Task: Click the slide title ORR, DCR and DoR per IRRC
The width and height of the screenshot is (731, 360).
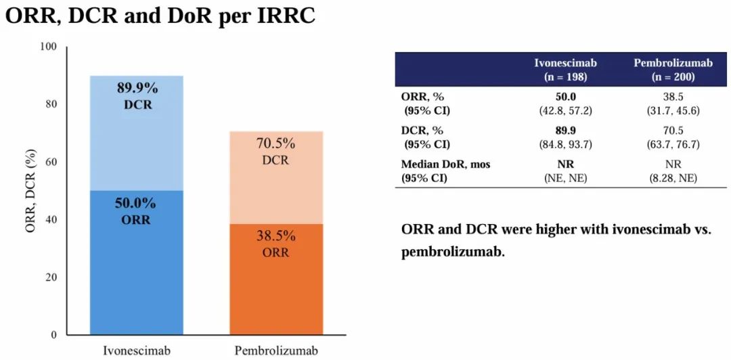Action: [x=160, y=16]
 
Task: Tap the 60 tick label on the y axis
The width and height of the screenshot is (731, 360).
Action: [x=51, y=162]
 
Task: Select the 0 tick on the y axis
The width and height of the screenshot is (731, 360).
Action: [x=53, y=335]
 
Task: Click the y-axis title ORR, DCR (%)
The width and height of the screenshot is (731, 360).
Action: [x=30, y=192]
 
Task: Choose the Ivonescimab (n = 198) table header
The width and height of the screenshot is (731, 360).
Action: [x=565, y=70]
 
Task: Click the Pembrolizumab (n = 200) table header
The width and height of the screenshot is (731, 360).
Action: [x=673, y=70]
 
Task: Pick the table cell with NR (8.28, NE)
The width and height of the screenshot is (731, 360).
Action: [x=673, y=171]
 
